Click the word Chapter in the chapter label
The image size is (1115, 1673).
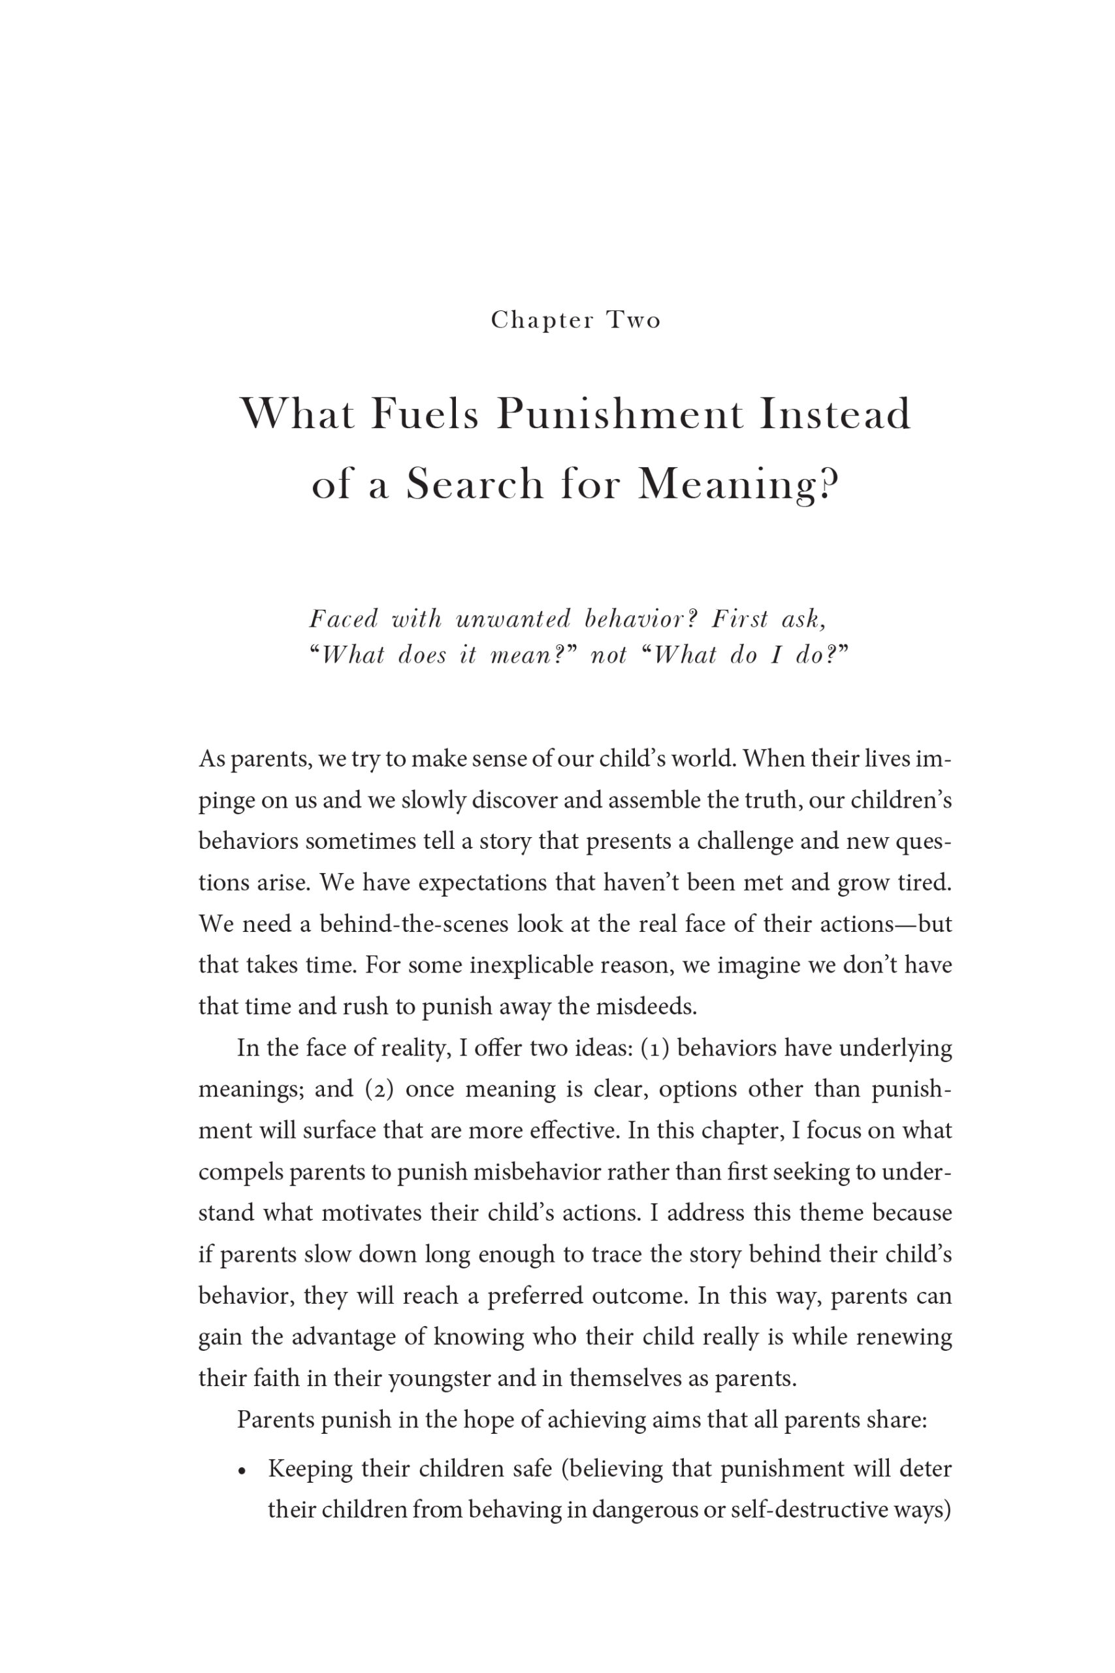(542, 321)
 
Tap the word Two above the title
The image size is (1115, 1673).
(634, 321)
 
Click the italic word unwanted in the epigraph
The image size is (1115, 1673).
(513, 620)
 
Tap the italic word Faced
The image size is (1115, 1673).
(344, 620)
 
